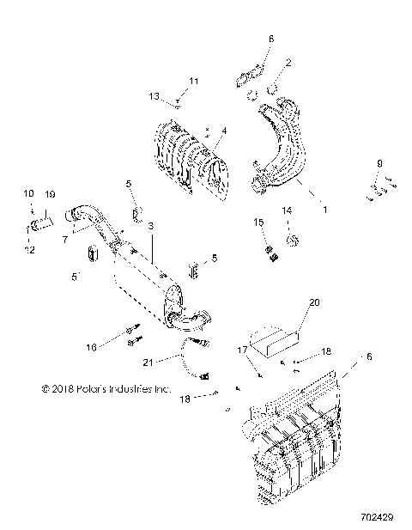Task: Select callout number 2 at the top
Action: click(288, 62)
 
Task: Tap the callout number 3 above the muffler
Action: click(150, 226)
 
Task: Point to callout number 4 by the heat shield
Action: click(224, 131)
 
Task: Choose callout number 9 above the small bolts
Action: click(378, 163)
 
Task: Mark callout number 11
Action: click(193, 81)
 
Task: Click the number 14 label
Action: click(288, 210)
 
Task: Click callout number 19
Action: click(50, 195)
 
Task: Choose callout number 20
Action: click(312, 303)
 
